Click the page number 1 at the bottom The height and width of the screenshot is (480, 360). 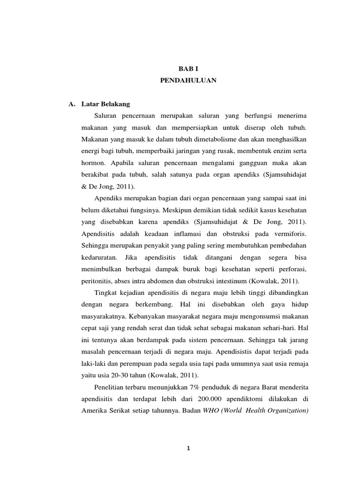pos(187,448)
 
